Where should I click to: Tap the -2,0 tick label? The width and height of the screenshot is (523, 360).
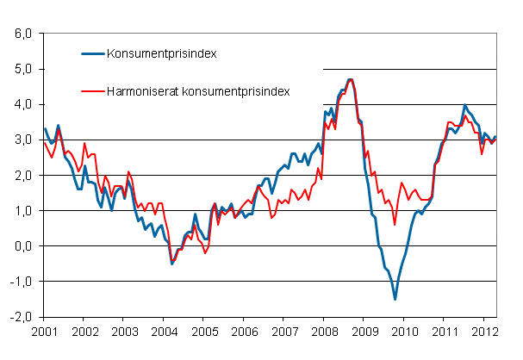click(x=20, y=316)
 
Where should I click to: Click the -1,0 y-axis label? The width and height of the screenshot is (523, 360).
click(x=20, y=281)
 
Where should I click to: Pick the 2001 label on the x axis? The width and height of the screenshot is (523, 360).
click(x=44, y=331)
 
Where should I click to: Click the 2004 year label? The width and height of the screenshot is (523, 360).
click(x=164, y=331)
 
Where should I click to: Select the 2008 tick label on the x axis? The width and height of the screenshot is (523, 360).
click(x=324, y=331)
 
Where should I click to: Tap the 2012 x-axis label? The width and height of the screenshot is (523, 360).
click(x=484, y=331)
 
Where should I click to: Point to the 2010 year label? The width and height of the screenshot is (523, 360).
click(x=404, y=331)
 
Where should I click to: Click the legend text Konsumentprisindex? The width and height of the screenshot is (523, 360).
click(x=160, y=54)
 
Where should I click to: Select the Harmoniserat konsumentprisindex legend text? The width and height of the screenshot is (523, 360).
click(x=197, y=90)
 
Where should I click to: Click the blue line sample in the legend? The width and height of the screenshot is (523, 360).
click(x=90, y=54)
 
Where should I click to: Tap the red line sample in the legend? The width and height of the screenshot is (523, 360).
click(x=90, y=90)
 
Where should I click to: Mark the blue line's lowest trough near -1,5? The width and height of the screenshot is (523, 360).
click(x=395, y=299)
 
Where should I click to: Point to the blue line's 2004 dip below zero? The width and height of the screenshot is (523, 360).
click(x=171, y=263)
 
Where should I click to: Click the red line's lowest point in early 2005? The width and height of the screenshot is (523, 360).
click(x=205, y=252)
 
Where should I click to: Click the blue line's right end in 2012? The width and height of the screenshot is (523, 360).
click(x=495, y=137)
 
